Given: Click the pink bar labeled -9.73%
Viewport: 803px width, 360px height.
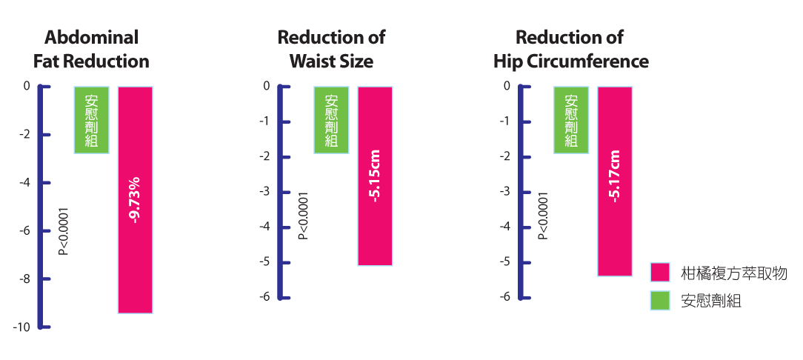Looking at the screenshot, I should point(135,200).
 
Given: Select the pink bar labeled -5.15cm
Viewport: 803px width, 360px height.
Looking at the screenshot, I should point(375,176).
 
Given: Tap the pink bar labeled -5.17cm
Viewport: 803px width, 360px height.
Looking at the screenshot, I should point(615,181).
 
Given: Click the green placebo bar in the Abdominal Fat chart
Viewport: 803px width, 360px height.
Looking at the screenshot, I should point(91,119).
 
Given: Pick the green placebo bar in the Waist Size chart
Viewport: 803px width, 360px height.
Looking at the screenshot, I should point(331,119).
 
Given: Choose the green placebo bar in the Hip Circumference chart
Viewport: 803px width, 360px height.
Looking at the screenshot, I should point(571,119).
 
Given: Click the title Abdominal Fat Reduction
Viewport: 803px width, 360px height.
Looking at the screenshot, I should point(91,50).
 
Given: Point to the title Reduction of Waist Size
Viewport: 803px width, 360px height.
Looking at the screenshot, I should point(331,50).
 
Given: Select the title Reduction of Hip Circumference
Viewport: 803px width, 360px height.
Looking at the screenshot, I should point(570,50).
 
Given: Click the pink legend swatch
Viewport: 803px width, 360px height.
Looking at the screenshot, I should point(660,273).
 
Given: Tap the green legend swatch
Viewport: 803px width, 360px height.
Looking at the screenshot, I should point(660,300).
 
